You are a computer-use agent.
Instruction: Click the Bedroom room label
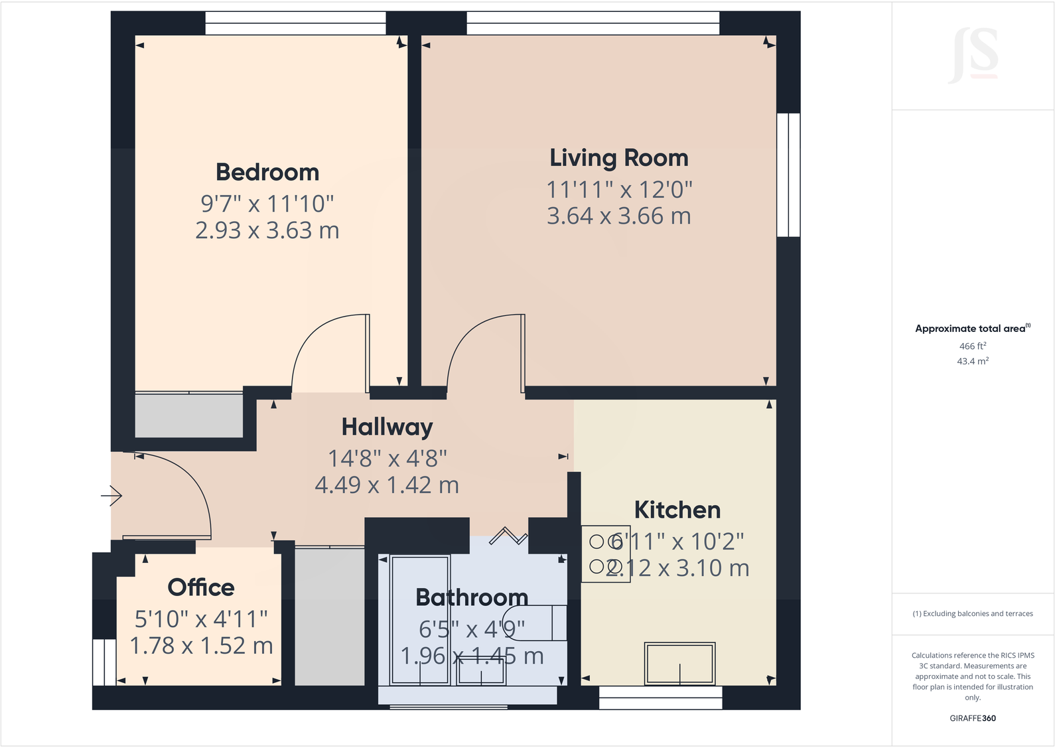[x=267, y=173]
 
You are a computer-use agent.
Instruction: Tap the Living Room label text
[x=618, y=158]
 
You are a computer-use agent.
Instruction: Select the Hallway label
[x=387, y=427]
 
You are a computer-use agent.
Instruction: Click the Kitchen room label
[x=677, y=510]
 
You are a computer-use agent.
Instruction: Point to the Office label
[x=201, y=587]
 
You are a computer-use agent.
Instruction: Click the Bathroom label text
[x=472, y=597]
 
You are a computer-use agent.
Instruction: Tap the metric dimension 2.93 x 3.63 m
[x=267, y=230]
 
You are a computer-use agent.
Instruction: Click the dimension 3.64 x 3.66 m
[x=618, y=216]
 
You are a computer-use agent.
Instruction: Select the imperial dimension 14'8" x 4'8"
[x=387, y=459]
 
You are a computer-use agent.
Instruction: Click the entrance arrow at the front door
[x=112, y=495]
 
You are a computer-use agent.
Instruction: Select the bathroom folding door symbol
[x=508, y=535]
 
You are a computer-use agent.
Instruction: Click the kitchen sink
[x=679, y=663]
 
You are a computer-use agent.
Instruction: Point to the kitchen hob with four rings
[x=605, y=554]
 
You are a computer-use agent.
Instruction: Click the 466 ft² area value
[x=972, y=346]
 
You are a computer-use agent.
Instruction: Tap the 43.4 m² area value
[x=972, y=361]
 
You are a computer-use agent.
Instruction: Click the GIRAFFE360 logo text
[x=972, y=718]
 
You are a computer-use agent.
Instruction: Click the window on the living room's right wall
[x=788, y=175]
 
